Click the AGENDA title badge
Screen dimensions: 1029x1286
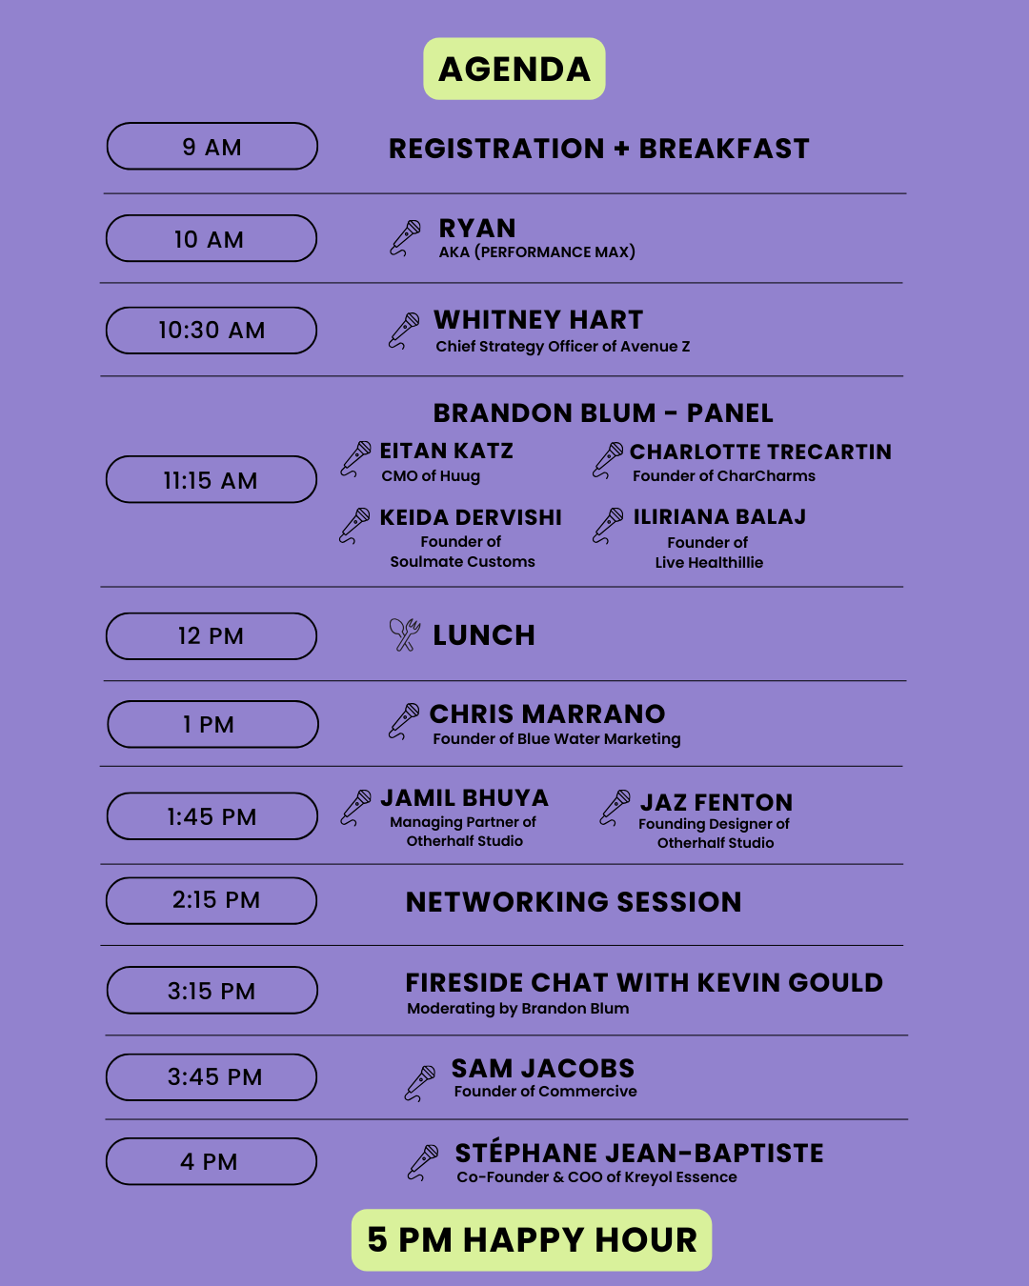[514, 69]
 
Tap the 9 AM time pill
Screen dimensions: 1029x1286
[212, 147]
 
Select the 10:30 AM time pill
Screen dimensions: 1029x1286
[212, 331]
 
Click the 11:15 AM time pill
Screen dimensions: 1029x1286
[212, 479]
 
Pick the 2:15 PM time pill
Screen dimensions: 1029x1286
[212, 900]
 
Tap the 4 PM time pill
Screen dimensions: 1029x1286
[212, 1161]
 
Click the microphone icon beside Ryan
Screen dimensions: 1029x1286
[405, 238]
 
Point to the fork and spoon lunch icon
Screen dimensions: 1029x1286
[405, 634]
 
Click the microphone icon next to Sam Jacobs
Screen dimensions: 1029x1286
[420, 1083]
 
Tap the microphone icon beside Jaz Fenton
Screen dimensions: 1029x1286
[615, 808]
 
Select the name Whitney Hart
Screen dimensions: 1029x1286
[538, 320]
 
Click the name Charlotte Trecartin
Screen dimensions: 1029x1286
[760, 452]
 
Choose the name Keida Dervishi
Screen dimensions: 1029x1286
[471, 517]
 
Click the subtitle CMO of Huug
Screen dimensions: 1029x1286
[431, 476]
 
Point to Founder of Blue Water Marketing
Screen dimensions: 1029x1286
[556, 739]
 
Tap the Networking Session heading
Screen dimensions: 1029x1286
[574, 902]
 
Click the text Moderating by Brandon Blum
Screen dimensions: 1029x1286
[517, 1009]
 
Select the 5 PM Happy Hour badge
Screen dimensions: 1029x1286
[532, 1240]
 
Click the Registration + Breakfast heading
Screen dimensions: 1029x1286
[599, 149]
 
